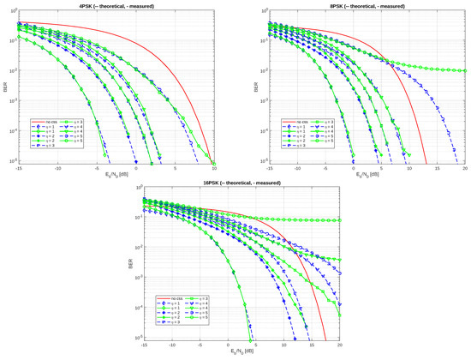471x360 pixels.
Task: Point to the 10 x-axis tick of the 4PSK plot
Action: [214, 167]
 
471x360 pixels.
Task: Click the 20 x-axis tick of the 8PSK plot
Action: [464, 167]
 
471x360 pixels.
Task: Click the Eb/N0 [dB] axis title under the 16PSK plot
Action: [235, 353]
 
